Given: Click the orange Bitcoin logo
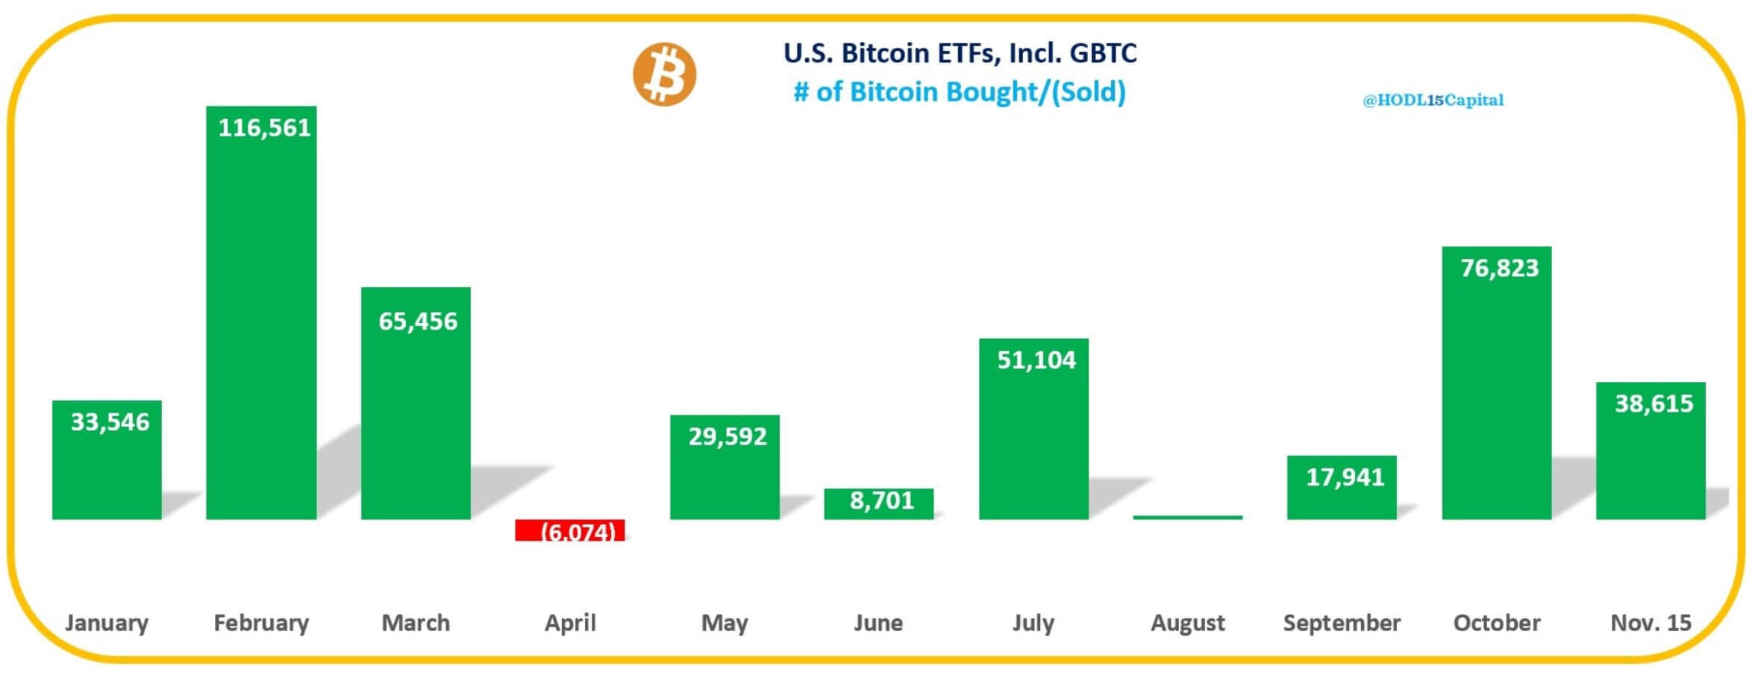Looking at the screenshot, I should coord(664,75).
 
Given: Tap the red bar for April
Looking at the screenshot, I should coord(569,530).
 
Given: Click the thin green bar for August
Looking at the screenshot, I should coord(1187,516).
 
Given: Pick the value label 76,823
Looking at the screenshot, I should coord(1499,268).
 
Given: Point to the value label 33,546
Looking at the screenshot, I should coord(110,422).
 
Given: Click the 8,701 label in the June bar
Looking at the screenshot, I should coord(881,500).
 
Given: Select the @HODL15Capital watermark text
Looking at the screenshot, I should coord(1433,100).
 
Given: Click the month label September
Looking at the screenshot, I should coord(1341,623).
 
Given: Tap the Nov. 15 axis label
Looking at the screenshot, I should coord(1651,623).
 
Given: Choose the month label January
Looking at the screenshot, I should coord(107,623).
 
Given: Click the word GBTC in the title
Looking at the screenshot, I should coord(1103,54).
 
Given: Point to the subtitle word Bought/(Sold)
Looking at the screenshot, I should coord(1036,92).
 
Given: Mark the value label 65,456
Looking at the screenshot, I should coord(418,321).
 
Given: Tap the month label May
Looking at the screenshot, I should coord(724,623).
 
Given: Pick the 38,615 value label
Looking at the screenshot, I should coord(1654,404).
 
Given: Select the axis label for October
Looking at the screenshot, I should coord(1496,623).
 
